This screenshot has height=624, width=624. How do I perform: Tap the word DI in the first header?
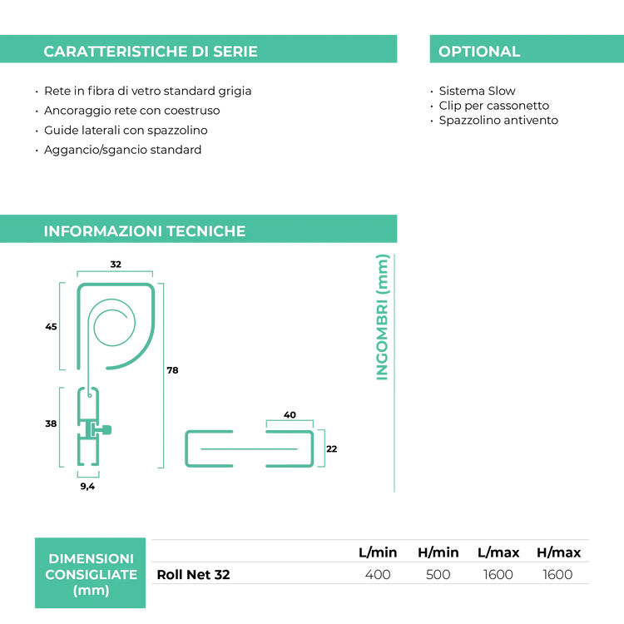(x=201, y=52)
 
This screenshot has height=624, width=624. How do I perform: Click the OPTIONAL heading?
(x=479, y=52)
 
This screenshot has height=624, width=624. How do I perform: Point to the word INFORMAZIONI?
(x=103, y=231)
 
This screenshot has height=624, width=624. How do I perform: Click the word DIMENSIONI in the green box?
(x=91, y=558)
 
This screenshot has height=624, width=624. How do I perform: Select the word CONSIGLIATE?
(x=91, y=575)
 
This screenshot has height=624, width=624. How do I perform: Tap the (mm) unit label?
(x=91, y=591)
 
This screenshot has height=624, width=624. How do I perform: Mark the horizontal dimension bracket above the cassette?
(x=115, y=272)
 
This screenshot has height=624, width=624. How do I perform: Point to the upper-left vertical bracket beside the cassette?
(x=61, y=325)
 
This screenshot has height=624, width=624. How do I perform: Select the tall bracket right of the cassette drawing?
(x=162, y=374)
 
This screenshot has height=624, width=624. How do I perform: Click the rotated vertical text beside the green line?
(x=382, y=317)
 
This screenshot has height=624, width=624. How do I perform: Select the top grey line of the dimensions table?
(x=370, y=540)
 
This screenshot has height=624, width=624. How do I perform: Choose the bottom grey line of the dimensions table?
(x=370, y=583)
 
